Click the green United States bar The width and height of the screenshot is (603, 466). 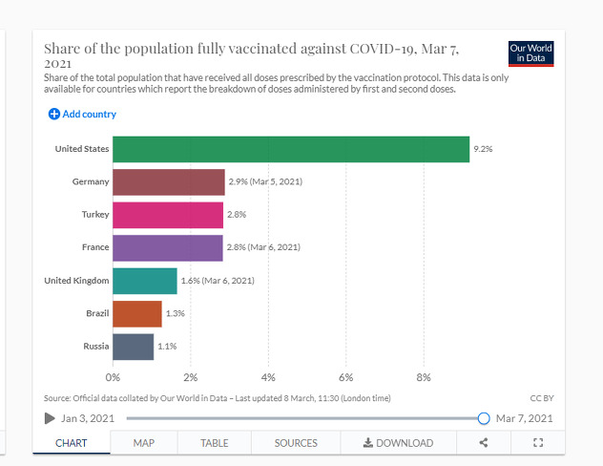(x=291, y=149)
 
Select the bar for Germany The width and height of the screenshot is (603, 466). (x=169, y=181)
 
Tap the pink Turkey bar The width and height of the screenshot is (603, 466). (x=168, y=215)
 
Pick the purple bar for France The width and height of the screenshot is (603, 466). (x=168, y=247)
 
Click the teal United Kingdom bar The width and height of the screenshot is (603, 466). (x=145, y=281)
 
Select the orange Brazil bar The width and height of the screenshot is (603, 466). (x=137, y=313)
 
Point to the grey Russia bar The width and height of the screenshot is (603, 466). (x=134, y=346)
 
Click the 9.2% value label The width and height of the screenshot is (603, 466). (x=483, y=149)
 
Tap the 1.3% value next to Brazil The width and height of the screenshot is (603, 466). (x=175, y=313)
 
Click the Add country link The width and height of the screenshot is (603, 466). (x=82, y=115)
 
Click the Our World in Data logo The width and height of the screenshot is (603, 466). (x=531, y=53)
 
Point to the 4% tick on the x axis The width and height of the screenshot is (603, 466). (x=268, y=377)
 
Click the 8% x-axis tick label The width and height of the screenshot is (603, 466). (x=424, y=377)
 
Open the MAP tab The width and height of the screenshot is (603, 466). (x=144, y=443)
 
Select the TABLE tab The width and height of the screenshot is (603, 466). (x=215, y=443)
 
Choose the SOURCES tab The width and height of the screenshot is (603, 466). (x=296, y=443)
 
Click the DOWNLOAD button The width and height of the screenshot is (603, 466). (x=399, y=443)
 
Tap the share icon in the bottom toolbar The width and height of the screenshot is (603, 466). (x=484, y=443)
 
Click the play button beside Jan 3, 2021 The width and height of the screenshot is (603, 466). (x=50, y=418)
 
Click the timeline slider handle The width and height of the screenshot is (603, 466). (x=484, y=418)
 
